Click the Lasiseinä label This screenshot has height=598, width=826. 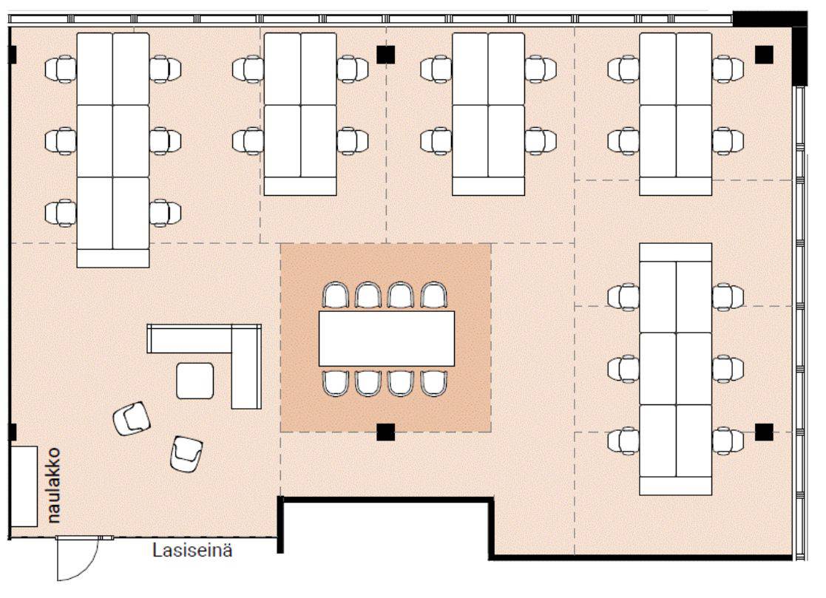tap(192, 550)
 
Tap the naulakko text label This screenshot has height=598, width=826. tap(53, 486)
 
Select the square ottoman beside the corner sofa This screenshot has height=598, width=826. tap(195, 381)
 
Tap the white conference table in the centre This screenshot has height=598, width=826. tap(387, 339)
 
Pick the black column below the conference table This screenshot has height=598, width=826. tap(385, 432)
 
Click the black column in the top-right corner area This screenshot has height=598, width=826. tap(765, 54)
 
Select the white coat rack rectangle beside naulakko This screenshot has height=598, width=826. tap(24, 486)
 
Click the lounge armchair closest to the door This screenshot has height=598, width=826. tap(186, 455)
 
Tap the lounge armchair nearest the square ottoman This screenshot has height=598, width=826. tap(132, 418)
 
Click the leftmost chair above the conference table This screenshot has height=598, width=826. tap(336, 296)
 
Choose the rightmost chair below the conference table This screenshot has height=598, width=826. tap(434, 383)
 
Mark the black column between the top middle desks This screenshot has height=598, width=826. tap(385, 55)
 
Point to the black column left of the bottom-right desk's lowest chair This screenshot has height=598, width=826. tap(765, 432)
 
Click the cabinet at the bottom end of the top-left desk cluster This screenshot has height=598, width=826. tap(112, 259)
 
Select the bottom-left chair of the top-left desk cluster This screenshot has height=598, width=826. tap(61, 213)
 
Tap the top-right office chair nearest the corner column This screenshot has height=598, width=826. tap(728, 69)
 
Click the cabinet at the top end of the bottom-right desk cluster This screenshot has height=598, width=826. tap(675, 252)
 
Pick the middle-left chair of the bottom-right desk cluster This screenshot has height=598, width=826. tap(623, 369)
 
